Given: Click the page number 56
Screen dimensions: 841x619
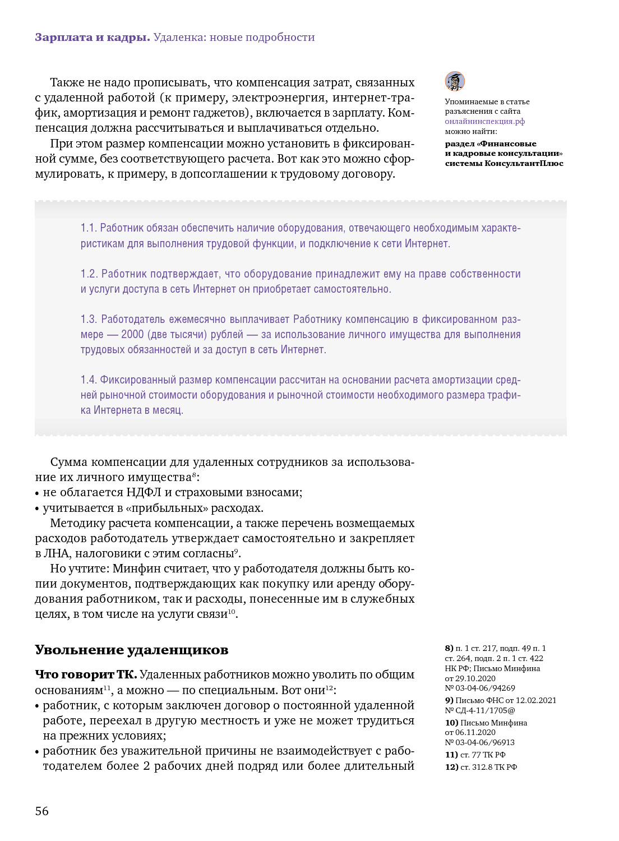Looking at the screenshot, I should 42,811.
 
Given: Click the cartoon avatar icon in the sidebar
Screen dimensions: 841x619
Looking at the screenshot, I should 455,81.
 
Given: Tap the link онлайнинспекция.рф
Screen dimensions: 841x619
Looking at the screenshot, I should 485,121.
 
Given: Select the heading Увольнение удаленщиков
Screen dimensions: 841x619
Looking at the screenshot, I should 132,650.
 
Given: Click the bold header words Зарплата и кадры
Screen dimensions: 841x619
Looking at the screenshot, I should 93,38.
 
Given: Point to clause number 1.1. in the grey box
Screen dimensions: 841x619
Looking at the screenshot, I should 89,228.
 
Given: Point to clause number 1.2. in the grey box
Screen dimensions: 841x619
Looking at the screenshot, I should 89,274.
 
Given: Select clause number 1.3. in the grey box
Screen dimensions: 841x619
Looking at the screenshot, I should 89,320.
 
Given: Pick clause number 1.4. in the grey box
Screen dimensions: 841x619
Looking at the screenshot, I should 89,380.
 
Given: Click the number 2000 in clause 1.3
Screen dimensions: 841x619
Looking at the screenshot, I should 132,335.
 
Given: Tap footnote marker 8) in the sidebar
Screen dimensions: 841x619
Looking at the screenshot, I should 449,648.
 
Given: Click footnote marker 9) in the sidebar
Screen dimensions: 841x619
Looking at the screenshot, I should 449,700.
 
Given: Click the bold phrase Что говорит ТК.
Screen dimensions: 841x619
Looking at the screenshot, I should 86,674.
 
